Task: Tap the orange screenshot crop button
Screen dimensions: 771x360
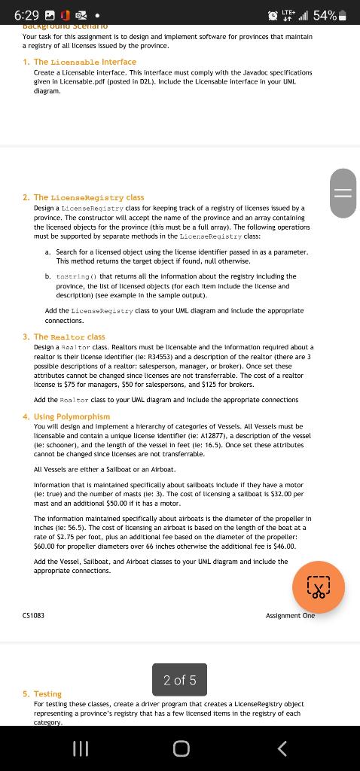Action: point(319,588)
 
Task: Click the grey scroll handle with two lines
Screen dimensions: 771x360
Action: point(343,193)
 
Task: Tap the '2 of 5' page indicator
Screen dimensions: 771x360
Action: point(179,680)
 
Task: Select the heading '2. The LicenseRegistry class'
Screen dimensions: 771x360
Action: point(84,197)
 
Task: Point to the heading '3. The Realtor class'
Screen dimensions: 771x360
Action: point(64,337)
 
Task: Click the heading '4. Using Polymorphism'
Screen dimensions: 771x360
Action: point(66,416)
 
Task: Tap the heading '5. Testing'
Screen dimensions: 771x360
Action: point(42,693)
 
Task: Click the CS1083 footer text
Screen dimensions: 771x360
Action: point(33,615)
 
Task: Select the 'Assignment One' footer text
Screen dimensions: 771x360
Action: point(290,615)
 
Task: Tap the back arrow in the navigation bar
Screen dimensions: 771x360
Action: point(282,748)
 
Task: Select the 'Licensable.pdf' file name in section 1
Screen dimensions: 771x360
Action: point(85,81)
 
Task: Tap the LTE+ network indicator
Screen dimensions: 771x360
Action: point(287,15)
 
